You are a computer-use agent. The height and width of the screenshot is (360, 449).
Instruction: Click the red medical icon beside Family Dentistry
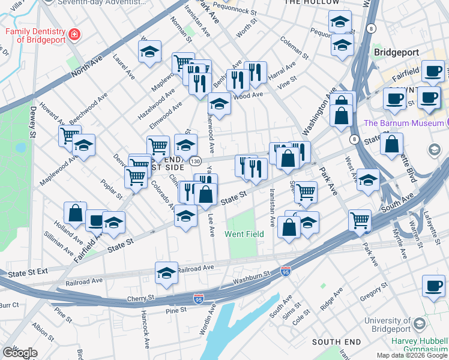pos(74,35)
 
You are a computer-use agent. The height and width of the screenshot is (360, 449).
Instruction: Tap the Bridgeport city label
pos(395,52)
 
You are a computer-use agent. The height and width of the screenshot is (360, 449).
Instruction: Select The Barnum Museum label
pos(403,124)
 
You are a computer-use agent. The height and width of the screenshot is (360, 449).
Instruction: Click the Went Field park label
pos(244,234)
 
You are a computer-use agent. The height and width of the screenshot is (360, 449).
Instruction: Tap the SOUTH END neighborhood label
pos(336,342)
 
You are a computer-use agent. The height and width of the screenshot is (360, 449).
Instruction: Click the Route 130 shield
pos(194,161)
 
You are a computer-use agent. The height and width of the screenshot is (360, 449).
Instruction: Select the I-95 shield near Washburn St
pos(286,272)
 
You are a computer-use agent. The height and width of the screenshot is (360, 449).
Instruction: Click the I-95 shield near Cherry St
pos(199,298)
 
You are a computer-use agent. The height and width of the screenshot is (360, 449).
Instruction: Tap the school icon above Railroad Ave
pos(166,272)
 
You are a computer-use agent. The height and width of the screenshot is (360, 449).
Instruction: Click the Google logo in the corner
pos(20,353)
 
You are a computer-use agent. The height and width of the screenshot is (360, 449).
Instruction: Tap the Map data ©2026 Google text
pos(412,355)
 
